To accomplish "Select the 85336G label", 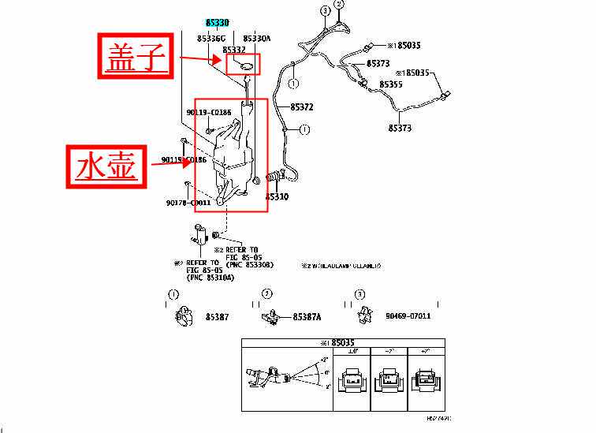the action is click(x=211, y=38).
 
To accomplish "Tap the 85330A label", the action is click(x=256, y=38).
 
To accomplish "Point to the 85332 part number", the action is click(x=234, y=49).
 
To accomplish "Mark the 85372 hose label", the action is click(x=301, y=106).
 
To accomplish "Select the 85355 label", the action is click(x=391, y=84).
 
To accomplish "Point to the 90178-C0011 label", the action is click(x=188, y=203).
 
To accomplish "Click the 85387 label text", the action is click(x=217, y=316).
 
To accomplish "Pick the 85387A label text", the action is click(x=307, y=316).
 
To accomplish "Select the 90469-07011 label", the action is click(x=408, y=316).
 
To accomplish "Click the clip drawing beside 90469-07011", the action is click(x=365, y=315).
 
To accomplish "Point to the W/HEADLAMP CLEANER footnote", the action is click(x=341, y=266).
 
